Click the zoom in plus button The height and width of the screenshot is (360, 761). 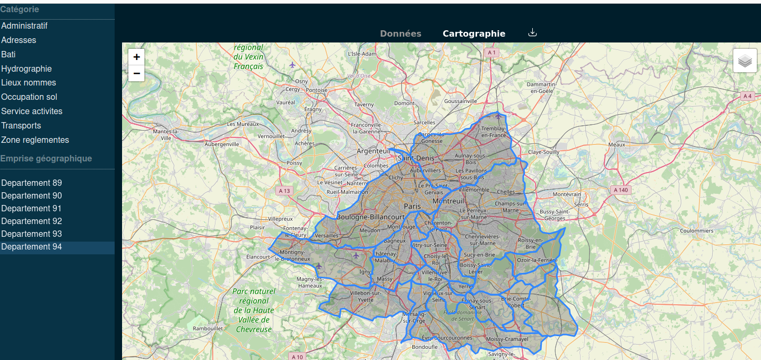tap(136, 57)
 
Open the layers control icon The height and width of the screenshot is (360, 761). tap(745, 61)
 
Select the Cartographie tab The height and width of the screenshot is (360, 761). tap(474, 33)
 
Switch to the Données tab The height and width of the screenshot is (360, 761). tap(401, 33)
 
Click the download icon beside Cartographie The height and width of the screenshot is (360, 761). tap(533, 32)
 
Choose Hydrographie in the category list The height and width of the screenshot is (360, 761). tap(27, 68)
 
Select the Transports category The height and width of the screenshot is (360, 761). tap(21, 125)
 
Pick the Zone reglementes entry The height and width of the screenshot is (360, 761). tap(35, 140)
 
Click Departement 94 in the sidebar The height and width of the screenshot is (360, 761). tap(32, 247)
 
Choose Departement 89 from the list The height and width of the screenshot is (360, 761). tap(32, 183)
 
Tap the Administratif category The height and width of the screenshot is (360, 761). tap(24, 25)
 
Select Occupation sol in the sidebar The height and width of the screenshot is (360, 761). tap(29, 97)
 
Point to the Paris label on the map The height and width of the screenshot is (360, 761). tap(412, 206)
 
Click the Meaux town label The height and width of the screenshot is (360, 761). tap(617, 144)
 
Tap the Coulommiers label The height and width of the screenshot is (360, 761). tap(697, 231)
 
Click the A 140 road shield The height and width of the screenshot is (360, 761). tap(620, 190)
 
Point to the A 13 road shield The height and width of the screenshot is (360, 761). tap(285, 191)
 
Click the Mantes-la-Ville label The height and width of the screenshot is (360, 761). tap(166, 134)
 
